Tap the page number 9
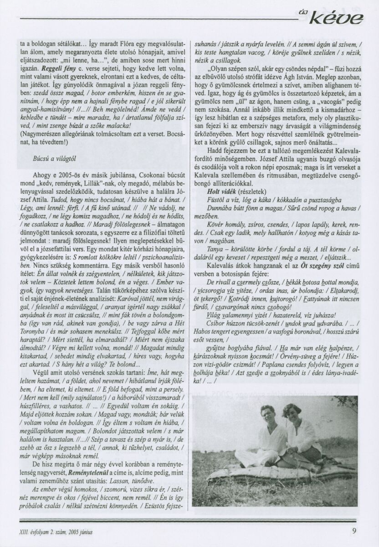[x=355, y=530]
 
